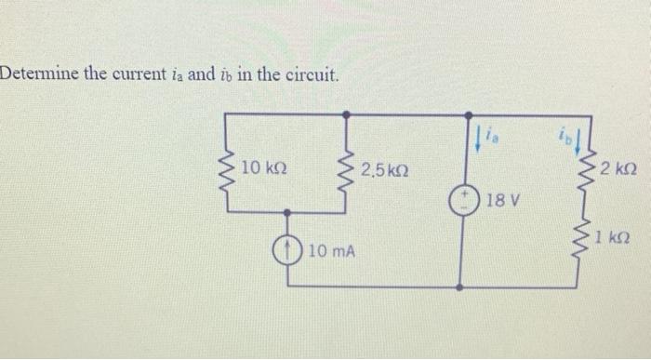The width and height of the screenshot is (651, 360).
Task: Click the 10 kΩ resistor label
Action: [x=263, y=169]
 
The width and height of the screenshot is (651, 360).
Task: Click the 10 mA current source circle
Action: [x=288, y=249]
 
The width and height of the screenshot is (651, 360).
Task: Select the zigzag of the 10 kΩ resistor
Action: [x=227, y=171]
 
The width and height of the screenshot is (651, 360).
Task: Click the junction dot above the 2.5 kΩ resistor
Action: [x=347, y=113]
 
